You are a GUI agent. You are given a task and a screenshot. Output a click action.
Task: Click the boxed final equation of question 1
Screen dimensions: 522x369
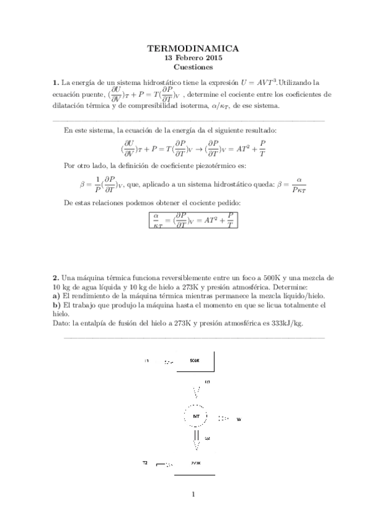(193, 220)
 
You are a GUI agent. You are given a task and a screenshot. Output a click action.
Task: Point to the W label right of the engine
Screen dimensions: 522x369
(238, 419)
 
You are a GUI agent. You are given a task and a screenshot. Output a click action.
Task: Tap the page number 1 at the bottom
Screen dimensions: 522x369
(193, 493)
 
